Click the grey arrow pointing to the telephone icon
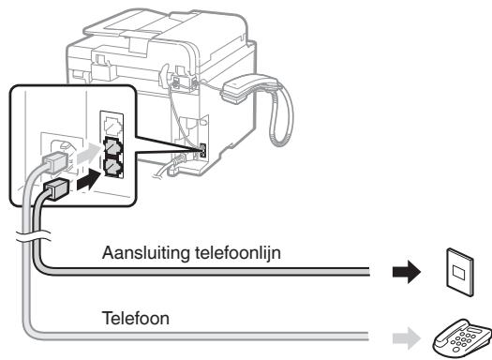coord(404,333)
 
